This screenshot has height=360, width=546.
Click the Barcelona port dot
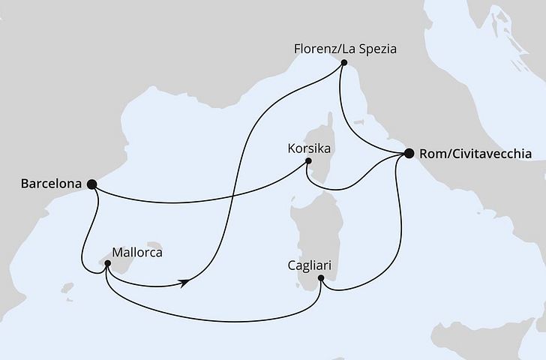click(91, 183)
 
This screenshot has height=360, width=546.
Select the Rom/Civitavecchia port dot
click(409, 154)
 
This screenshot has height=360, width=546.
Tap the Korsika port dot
click(308, 159)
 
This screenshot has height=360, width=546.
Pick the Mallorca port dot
click(109, 263)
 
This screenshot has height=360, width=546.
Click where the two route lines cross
click(234, 199)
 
